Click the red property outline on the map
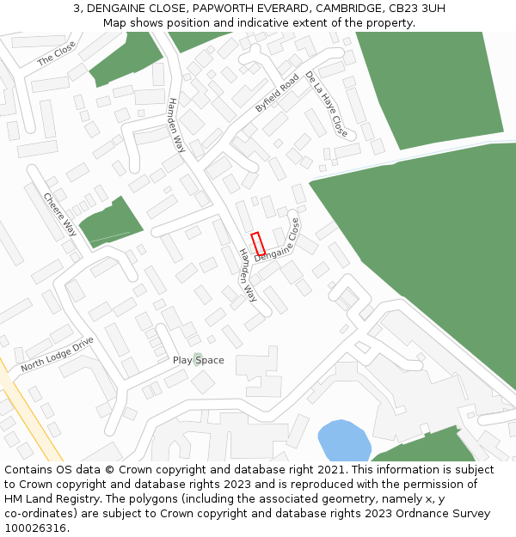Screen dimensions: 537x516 pyautogui.click(x=257, y=243)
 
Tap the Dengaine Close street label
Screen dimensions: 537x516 pyautogui.click(x=278, y=241)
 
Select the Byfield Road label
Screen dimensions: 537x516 pyautogui.click(x=277, y=93)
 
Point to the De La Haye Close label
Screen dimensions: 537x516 pyautogui.click(x=327, y=104)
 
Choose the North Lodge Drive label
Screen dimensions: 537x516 pyautogui.click(x=57, y=353)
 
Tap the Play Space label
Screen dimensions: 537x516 pyautogui.click(x=198, y=360)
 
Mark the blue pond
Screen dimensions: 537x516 pyautogui.click(x=344, y=440)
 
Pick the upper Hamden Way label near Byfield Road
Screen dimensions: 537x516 pyautogui.click(x=175, y=125)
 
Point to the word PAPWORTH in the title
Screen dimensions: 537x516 pyautogui.click(x=229, y=8)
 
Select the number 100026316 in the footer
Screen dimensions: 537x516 pyautogui.click(x=36, y=528)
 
